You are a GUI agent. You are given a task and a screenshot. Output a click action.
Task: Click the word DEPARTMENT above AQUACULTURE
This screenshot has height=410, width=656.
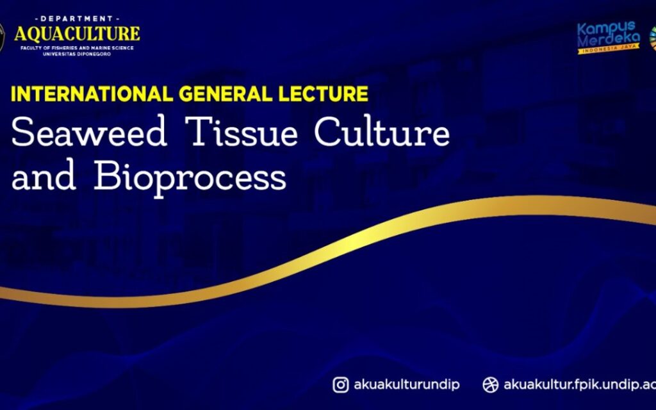[x=77, y=19]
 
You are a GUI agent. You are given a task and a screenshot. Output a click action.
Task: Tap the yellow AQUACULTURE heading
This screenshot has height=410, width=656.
[x=77, y=34]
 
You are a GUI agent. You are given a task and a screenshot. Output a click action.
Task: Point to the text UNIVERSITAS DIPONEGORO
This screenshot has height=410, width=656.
[x=77, y=54]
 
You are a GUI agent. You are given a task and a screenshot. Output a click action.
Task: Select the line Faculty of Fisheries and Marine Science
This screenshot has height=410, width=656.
[x=77, y=48]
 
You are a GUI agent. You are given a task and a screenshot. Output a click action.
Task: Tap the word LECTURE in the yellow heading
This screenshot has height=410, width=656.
[x=324, y=94]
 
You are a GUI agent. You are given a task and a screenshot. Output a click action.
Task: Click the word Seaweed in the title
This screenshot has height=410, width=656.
[x=89, y=131]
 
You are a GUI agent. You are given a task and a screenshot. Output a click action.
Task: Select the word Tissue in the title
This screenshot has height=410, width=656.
[x=242, y=131]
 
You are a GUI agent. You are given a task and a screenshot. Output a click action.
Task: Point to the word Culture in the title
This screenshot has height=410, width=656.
[x=382, y=131]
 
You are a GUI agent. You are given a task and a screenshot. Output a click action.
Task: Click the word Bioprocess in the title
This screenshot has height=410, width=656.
[x=190, y=177]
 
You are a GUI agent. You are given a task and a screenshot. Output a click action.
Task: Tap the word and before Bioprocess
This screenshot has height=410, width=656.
[x=44, y=176]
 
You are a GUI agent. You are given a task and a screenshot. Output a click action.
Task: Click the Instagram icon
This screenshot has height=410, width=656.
[x=341, y=384]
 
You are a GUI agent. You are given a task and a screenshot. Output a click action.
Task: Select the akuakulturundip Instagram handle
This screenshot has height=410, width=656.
[x=407, y=385]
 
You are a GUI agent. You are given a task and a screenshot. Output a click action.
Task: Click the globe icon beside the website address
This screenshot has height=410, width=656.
[x=490, y=384]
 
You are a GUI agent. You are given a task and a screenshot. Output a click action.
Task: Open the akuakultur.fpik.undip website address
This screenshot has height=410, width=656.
[x=579, y=385]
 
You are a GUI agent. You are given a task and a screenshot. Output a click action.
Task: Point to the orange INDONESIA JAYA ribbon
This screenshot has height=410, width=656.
[x=609, y=49]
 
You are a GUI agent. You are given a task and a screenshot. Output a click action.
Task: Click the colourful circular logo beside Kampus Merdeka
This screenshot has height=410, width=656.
[x=653, y=38]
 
